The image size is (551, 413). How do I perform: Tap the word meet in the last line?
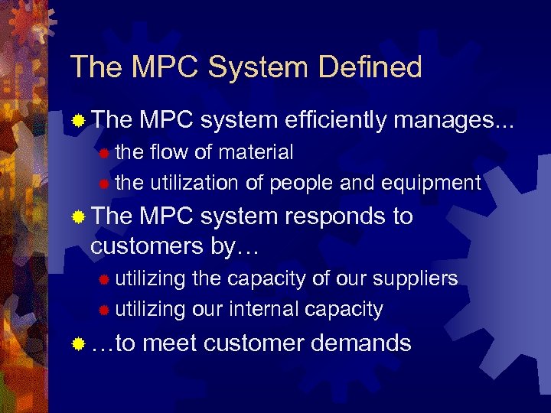click(170, 343)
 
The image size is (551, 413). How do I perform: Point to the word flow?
click(168, 152)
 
